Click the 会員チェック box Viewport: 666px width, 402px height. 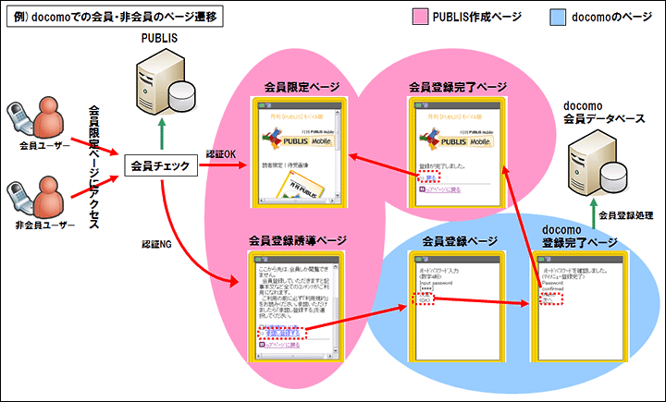[x=161, y=166]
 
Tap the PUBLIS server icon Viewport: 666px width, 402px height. [x=163, y=78]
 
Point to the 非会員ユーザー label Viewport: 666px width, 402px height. [x=38, y=224]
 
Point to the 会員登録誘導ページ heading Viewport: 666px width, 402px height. [x=298, y=240]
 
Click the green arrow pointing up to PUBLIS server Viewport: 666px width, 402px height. [x=163, y=134]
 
